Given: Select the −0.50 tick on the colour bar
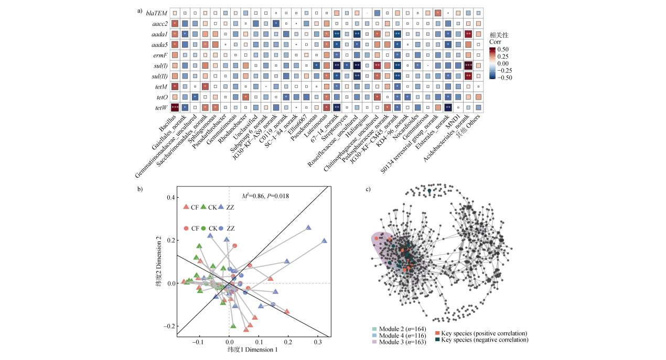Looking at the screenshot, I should [506, 77].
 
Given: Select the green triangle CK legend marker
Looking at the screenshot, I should [203, 207].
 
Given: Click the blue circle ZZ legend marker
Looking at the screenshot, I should [221, 228].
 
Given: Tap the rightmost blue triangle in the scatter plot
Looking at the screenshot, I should [324, 241].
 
